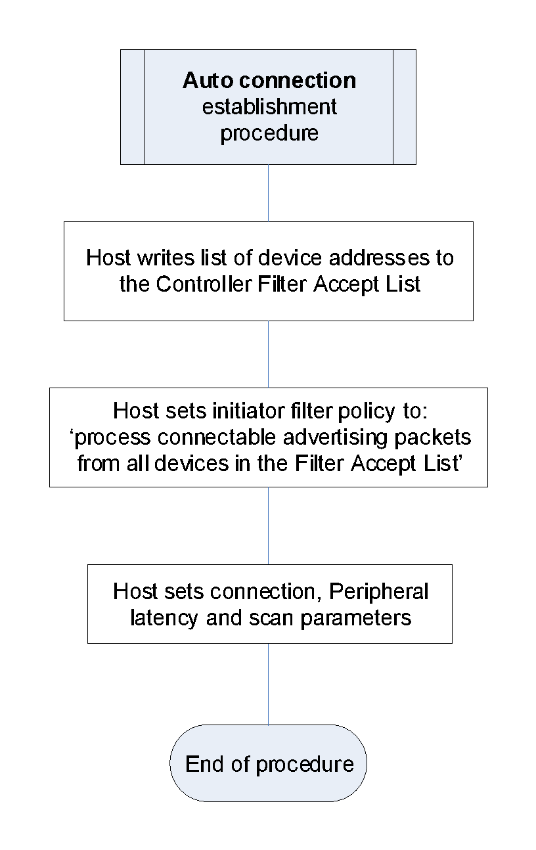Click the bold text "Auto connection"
pyautogui.click(x=269, y=81)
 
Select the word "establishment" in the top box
pyautogui.click(x=269, y=106)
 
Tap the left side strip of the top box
pyautogui.click(x=132, y=106)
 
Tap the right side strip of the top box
pyautogui.click(x=404, y=106)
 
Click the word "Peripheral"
pyautogui.click(x=378, y=591)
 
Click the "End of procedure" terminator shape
pyautogui.click(x=268, y=763)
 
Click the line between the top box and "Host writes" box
pyautogui.click(x=268, y=192)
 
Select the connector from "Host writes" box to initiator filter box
pyautogui.click(x=268, y=354)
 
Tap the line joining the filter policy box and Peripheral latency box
pyautogui.click(x=268, y=525)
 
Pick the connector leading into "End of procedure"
pyautogui.click(x=268, y=683)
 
